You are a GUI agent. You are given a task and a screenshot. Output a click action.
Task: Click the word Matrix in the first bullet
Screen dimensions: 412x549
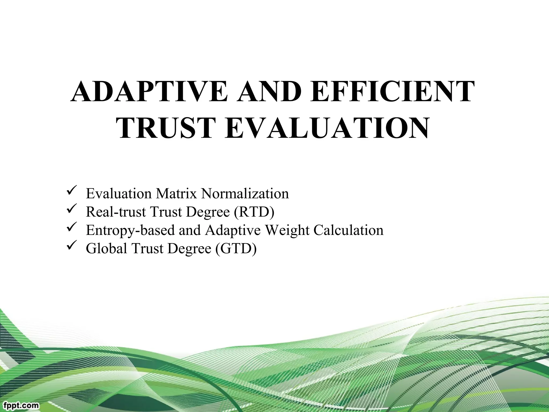pos(177,194)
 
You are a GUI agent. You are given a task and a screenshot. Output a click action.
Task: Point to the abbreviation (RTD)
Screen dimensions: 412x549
pos(254,212)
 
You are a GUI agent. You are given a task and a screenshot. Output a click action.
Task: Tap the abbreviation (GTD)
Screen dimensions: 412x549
pos(236,248)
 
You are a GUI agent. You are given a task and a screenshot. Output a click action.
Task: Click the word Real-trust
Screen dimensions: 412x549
pos(116,212)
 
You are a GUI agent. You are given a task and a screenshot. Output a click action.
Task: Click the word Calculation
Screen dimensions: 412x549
pos(348,230)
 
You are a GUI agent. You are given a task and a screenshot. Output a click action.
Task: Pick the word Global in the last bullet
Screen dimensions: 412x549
pos(106,248)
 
